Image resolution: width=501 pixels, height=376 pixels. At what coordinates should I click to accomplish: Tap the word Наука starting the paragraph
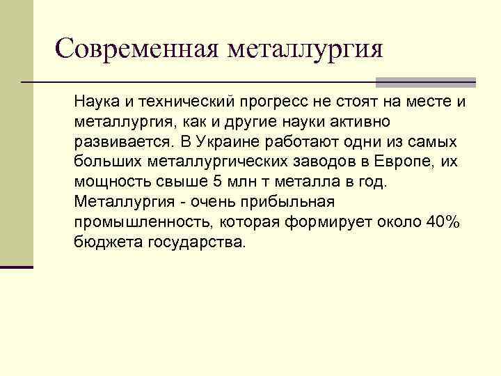[x=95, y=102]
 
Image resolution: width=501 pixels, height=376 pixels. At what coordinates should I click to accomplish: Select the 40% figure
[x=443, y=222]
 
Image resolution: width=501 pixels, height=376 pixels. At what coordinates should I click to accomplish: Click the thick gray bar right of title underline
[x=425, y=81]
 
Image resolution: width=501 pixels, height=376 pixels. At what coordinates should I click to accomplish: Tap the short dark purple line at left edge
[x=17, y=267]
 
